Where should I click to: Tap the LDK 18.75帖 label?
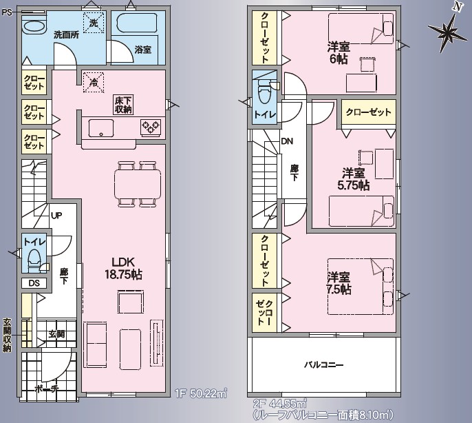click(123, 268)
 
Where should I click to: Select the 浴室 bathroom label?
click(143, 50)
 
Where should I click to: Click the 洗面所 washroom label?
click(67, 34)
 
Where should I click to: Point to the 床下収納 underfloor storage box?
click(123, 105)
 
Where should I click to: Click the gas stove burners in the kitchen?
click(151, 127)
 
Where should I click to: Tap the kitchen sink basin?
click(101, 128)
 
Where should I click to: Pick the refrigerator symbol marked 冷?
click(94, 82)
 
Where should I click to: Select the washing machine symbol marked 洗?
click(94, 22)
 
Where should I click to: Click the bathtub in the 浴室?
click(137, 23)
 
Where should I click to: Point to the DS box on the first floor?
click(34, 283)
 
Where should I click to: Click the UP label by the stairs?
click(56, 216)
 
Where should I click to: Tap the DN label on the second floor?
click(287, 141)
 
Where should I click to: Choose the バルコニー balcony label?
click(323, 365)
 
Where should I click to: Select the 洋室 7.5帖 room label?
click(339, 283)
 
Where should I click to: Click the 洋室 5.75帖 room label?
click(354, 179)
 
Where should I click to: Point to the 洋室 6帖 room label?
click(339, 53)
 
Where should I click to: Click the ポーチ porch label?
click(46, 389)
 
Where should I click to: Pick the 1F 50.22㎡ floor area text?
click(200, 394)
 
